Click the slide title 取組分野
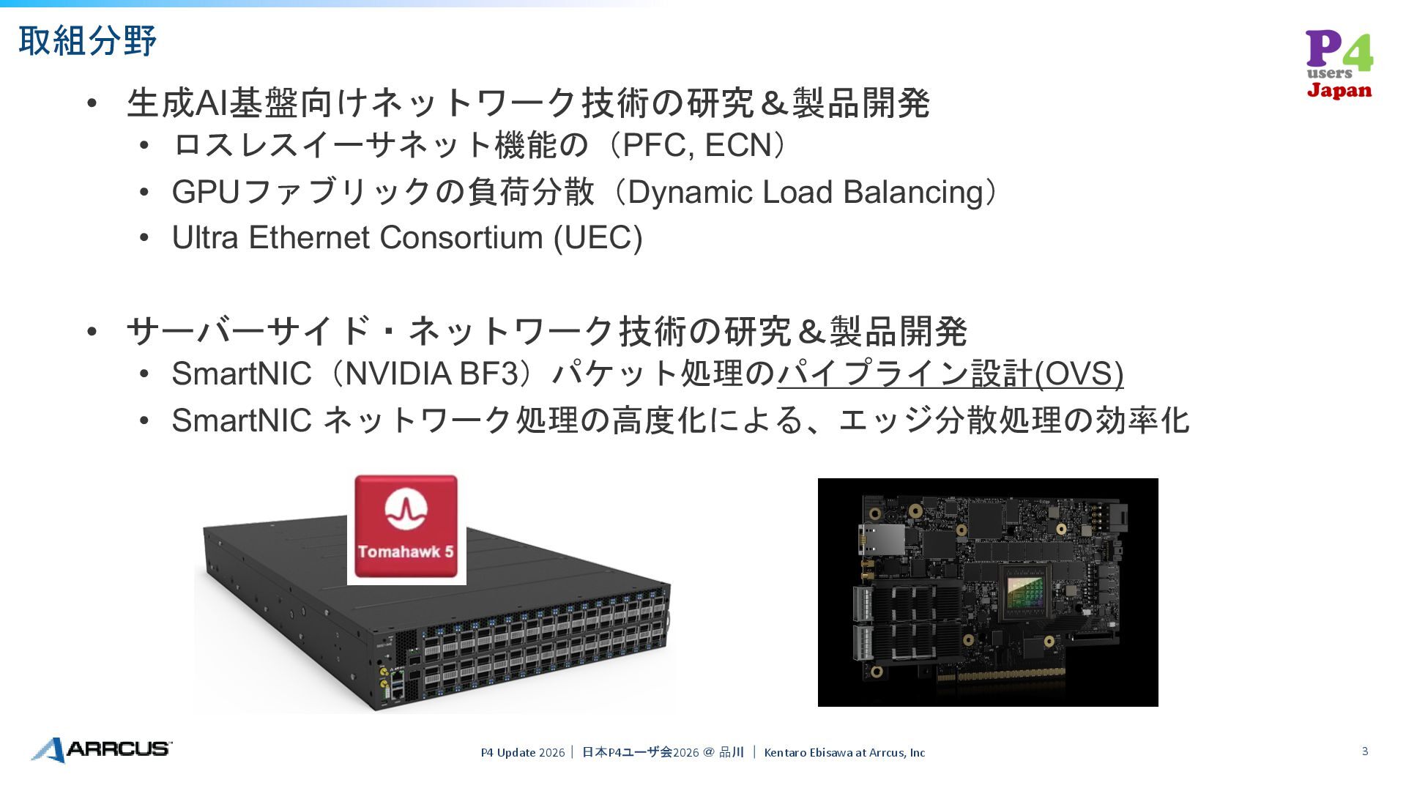click(87, 40)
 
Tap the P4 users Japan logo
click(1339, 64)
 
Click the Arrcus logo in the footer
click(102, 749)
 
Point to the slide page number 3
click(1365, 751)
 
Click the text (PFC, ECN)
click(702, 145)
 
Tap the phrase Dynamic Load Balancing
click(805, 192)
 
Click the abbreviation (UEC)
click(598, 237)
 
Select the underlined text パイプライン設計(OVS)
click(950, 374)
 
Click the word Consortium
click(461, 237)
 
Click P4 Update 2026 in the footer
click(523, 752)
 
